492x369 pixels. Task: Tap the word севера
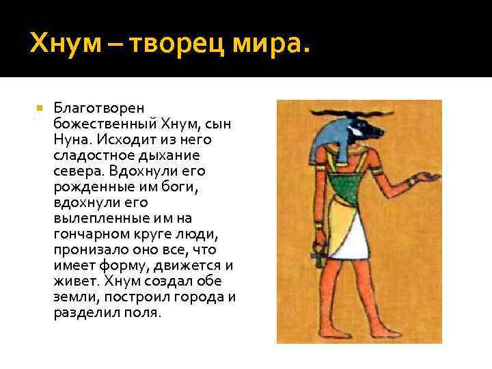pos(74,171)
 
